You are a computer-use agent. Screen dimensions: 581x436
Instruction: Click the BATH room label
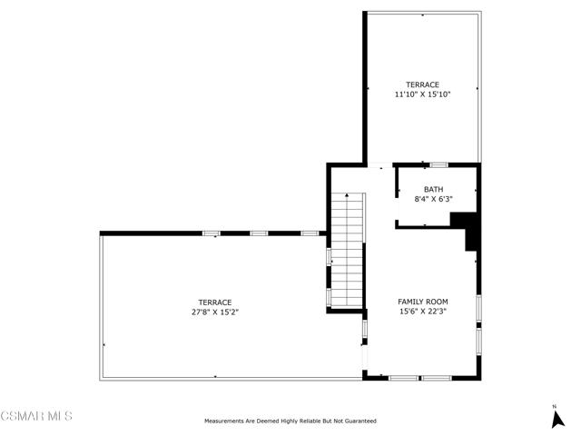coord(434,190)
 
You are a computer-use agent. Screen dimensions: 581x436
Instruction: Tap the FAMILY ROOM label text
coord(423,302)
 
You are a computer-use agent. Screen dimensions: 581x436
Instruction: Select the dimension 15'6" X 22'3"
coord(423,312)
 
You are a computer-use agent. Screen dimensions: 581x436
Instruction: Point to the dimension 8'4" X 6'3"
coord(434,199)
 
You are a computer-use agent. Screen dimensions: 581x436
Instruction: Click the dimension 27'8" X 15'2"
coord(215,312)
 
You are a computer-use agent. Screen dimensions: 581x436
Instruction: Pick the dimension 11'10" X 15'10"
coord(422,94)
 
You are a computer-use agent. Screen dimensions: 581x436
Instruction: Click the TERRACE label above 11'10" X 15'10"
coord(422,84)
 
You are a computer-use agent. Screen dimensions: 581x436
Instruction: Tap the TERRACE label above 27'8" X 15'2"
coord(215,302)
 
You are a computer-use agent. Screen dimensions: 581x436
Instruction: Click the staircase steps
coord(347,251)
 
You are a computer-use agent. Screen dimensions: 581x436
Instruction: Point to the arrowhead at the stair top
coord(347,194)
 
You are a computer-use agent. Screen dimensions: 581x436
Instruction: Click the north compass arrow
coord(557,420)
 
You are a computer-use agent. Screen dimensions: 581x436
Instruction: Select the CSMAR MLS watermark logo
coord(36,416)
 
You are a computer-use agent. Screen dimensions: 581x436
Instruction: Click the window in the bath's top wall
coord(438,165)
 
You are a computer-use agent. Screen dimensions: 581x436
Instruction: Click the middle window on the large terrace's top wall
coord(259,233)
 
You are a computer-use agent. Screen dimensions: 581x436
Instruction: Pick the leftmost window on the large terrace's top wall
coord(212,233)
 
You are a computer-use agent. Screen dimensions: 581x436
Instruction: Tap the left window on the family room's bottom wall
coord(403,378)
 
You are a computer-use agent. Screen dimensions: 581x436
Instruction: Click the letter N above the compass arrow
coord(555,407)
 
